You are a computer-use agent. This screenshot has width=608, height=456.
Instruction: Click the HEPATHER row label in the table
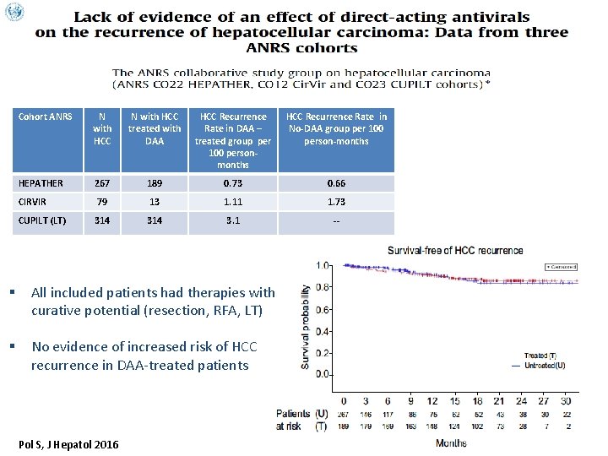click(41, 182)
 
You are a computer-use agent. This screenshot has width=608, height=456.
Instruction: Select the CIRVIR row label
click(33, 203)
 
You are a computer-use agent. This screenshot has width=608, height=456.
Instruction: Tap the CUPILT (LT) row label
click(42, 223)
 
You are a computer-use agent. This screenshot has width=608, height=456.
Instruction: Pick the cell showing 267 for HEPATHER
click(102, 182)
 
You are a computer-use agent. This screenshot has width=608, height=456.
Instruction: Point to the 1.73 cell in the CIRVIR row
click(336, 203)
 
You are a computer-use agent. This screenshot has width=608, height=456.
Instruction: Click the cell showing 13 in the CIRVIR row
click(155, 203)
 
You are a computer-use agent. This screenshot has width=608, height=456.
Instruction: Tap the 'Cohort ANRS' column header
click(46, 117)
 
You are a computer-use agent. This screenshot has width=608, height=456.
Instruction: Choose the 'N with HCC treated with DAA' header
click(155, 128)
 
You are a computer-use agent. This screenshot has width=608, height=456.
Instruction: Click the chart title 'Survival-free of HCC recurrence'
click(455, 251)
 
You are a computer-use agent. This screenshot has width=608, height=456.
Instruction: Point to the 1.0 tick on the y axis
click(323, 265)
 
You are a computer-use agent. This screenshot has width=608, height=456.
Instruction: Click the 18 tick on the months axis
click(478, 400)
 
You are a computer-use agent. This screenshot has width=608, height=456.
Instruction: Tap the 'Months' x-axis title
click(451, 442)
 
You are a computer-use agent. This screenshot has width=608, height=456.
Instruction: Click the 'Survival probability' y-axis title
click(307, 325)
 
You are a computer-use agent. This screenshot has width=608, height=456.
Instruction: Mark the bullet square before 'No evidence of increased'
click(16, 347)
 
